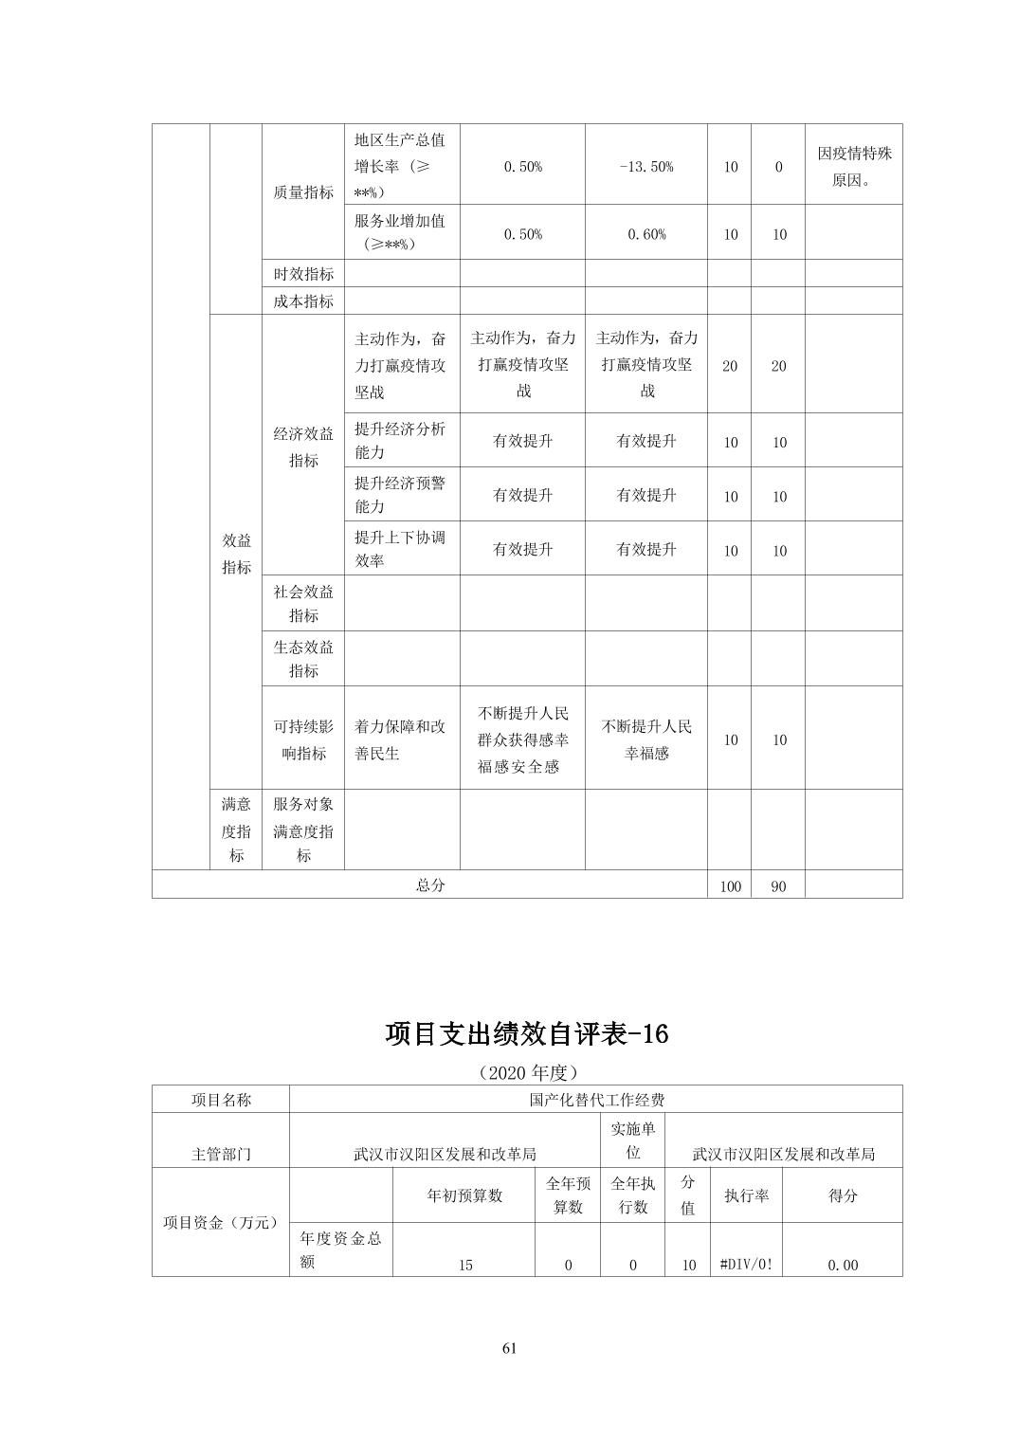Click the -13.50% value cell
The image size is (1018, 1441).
[645, 167]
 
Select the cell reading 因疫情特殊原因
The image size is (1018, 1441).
[854, 166]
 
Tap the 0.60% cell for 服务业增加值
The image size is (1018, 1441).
[645, 234]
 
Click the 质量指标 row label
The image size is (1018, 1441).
[303, 192]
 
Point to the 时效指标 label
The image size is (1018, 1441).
[303, 274]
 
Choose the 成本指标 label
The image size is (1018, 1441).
[303, 301]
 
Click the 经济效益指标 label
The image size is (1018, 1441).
[303, 447]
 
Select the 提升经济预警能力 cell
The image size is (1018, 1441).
[401, 494]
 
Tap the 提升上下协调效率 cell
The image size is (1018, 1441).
[401, 548]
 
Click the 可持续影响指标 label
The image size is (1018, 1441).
[303, 739]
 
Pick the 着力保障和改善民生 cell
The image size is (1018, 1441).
[401, 739]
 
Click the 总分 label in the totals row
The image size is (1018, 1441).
[429, 885]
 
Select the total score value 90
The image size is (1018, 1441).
[778, 887]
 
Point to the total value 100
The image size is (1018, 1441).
[730, 887]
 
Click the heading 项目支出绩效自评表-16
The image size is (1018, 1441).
[527, 1033]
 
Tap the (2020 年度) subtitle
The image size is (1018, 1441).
[527, 1072]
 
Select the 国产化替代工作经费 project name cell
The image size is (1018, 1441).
[596, 1100]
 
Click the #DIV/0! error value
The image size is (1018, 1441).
[746, 1264]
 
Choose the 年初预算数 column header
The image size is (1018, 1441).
[464, 1195]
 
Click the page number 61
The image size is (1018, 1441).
[509, 1349]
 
